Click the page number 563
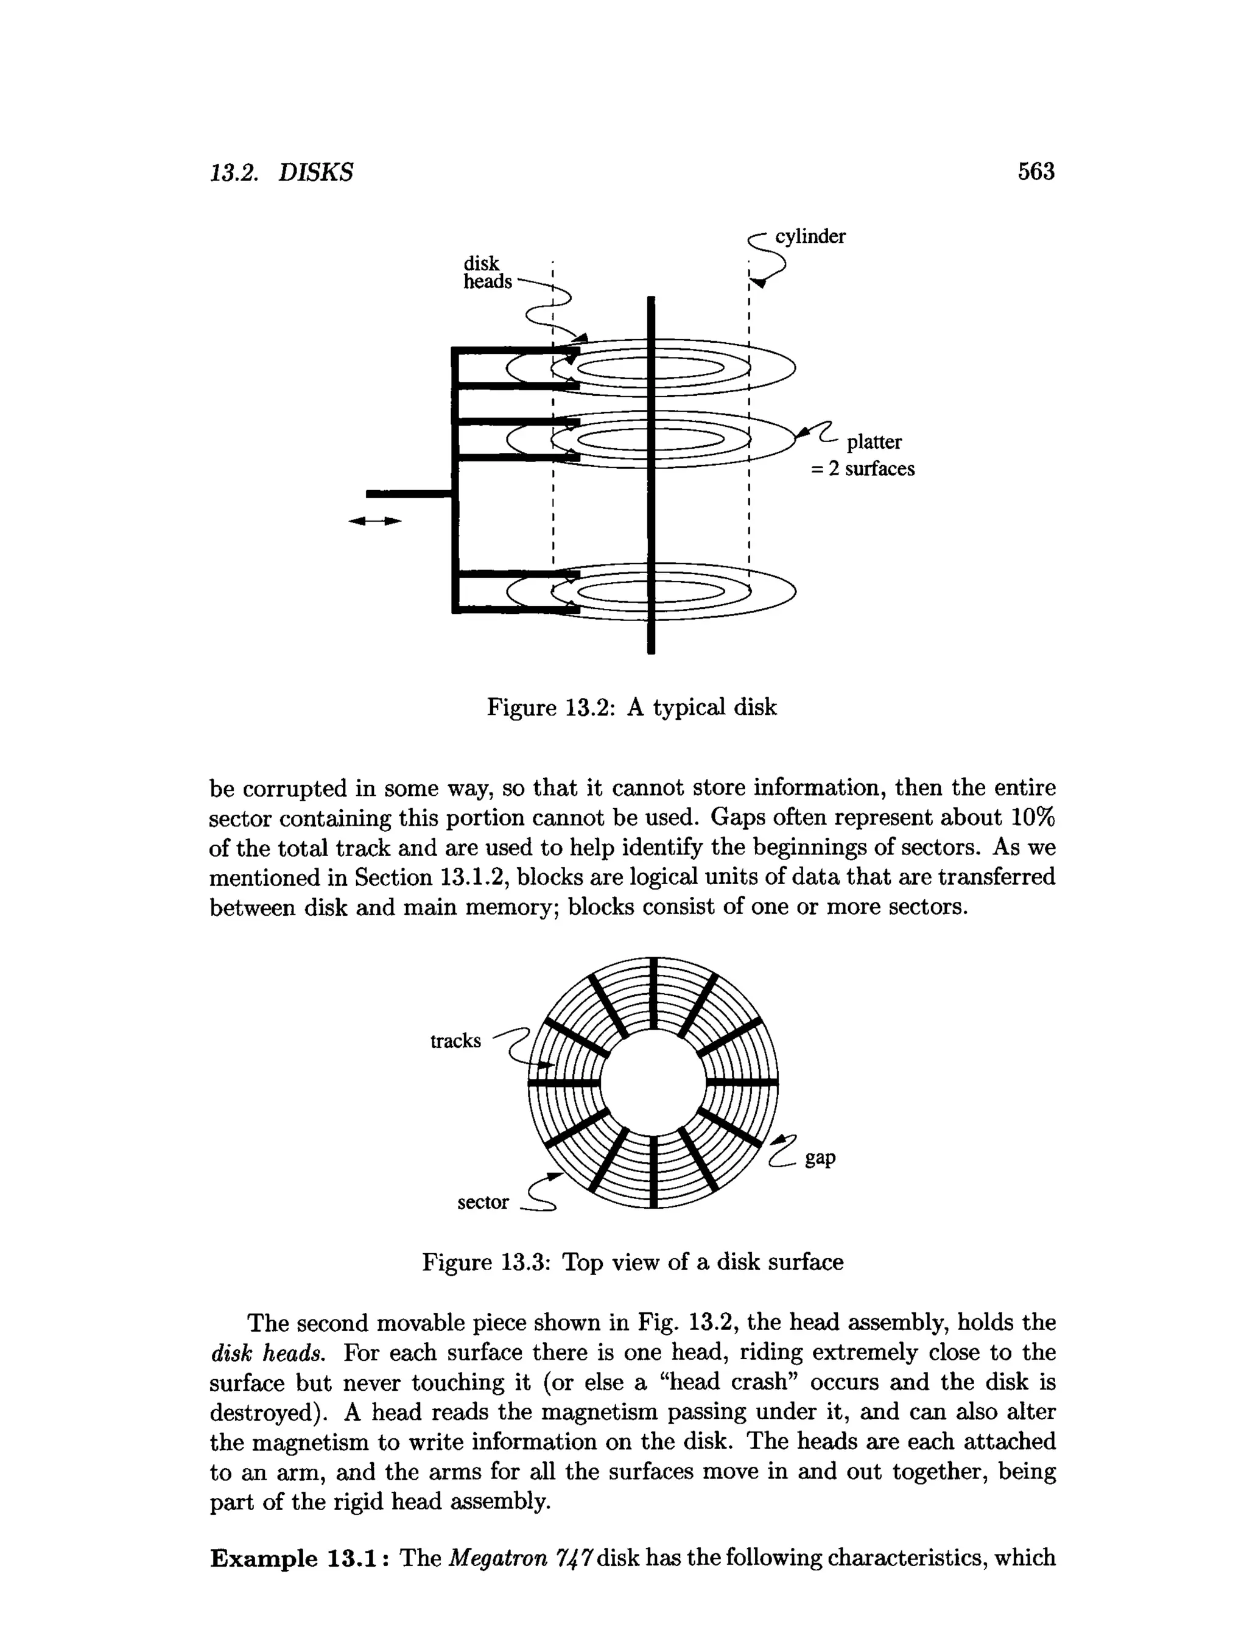pos(1036,172)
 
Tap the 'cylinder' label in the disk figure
pos(810,236)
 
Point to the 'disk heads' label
pos(487,273)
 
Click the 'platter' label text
pos(874,441)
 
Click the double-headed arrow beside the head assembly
pos(375,521)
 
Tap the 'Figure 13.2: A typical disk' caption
pos(631,706)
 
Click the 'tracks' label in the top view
pos(455,1041)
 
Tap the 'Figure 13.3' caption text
pos(633,1262)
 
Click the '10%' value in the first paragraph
pos(1033,818)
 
